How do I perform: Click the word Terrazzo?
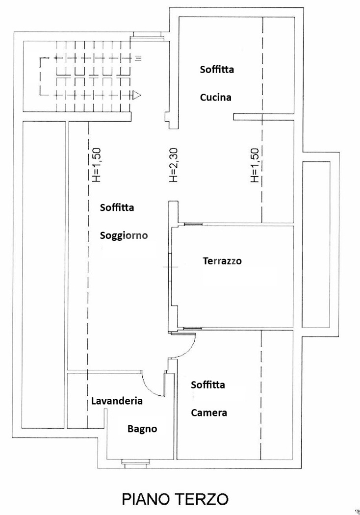click(x=222, y=261)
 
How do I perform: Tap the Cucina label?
click(x=215, y=97)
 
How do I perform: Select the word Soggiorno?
click(x=124, y=235)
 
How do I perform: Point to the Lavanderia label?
click(x=117, y=401)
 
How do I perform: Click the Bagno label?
click(x=142, y=429)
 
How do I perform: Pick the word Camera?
click(x=209, y=412)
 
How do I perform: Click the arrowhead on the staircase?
click(x=138, y=95)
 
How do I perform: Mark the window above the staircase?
click(x=147, y=34)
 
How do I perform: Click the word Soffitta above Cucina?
click(x=217, y=69)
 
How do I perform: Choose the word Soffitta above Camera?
click(x=208, y=385)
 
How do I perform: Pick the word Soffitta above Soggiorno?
click(x=117, y=207)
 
